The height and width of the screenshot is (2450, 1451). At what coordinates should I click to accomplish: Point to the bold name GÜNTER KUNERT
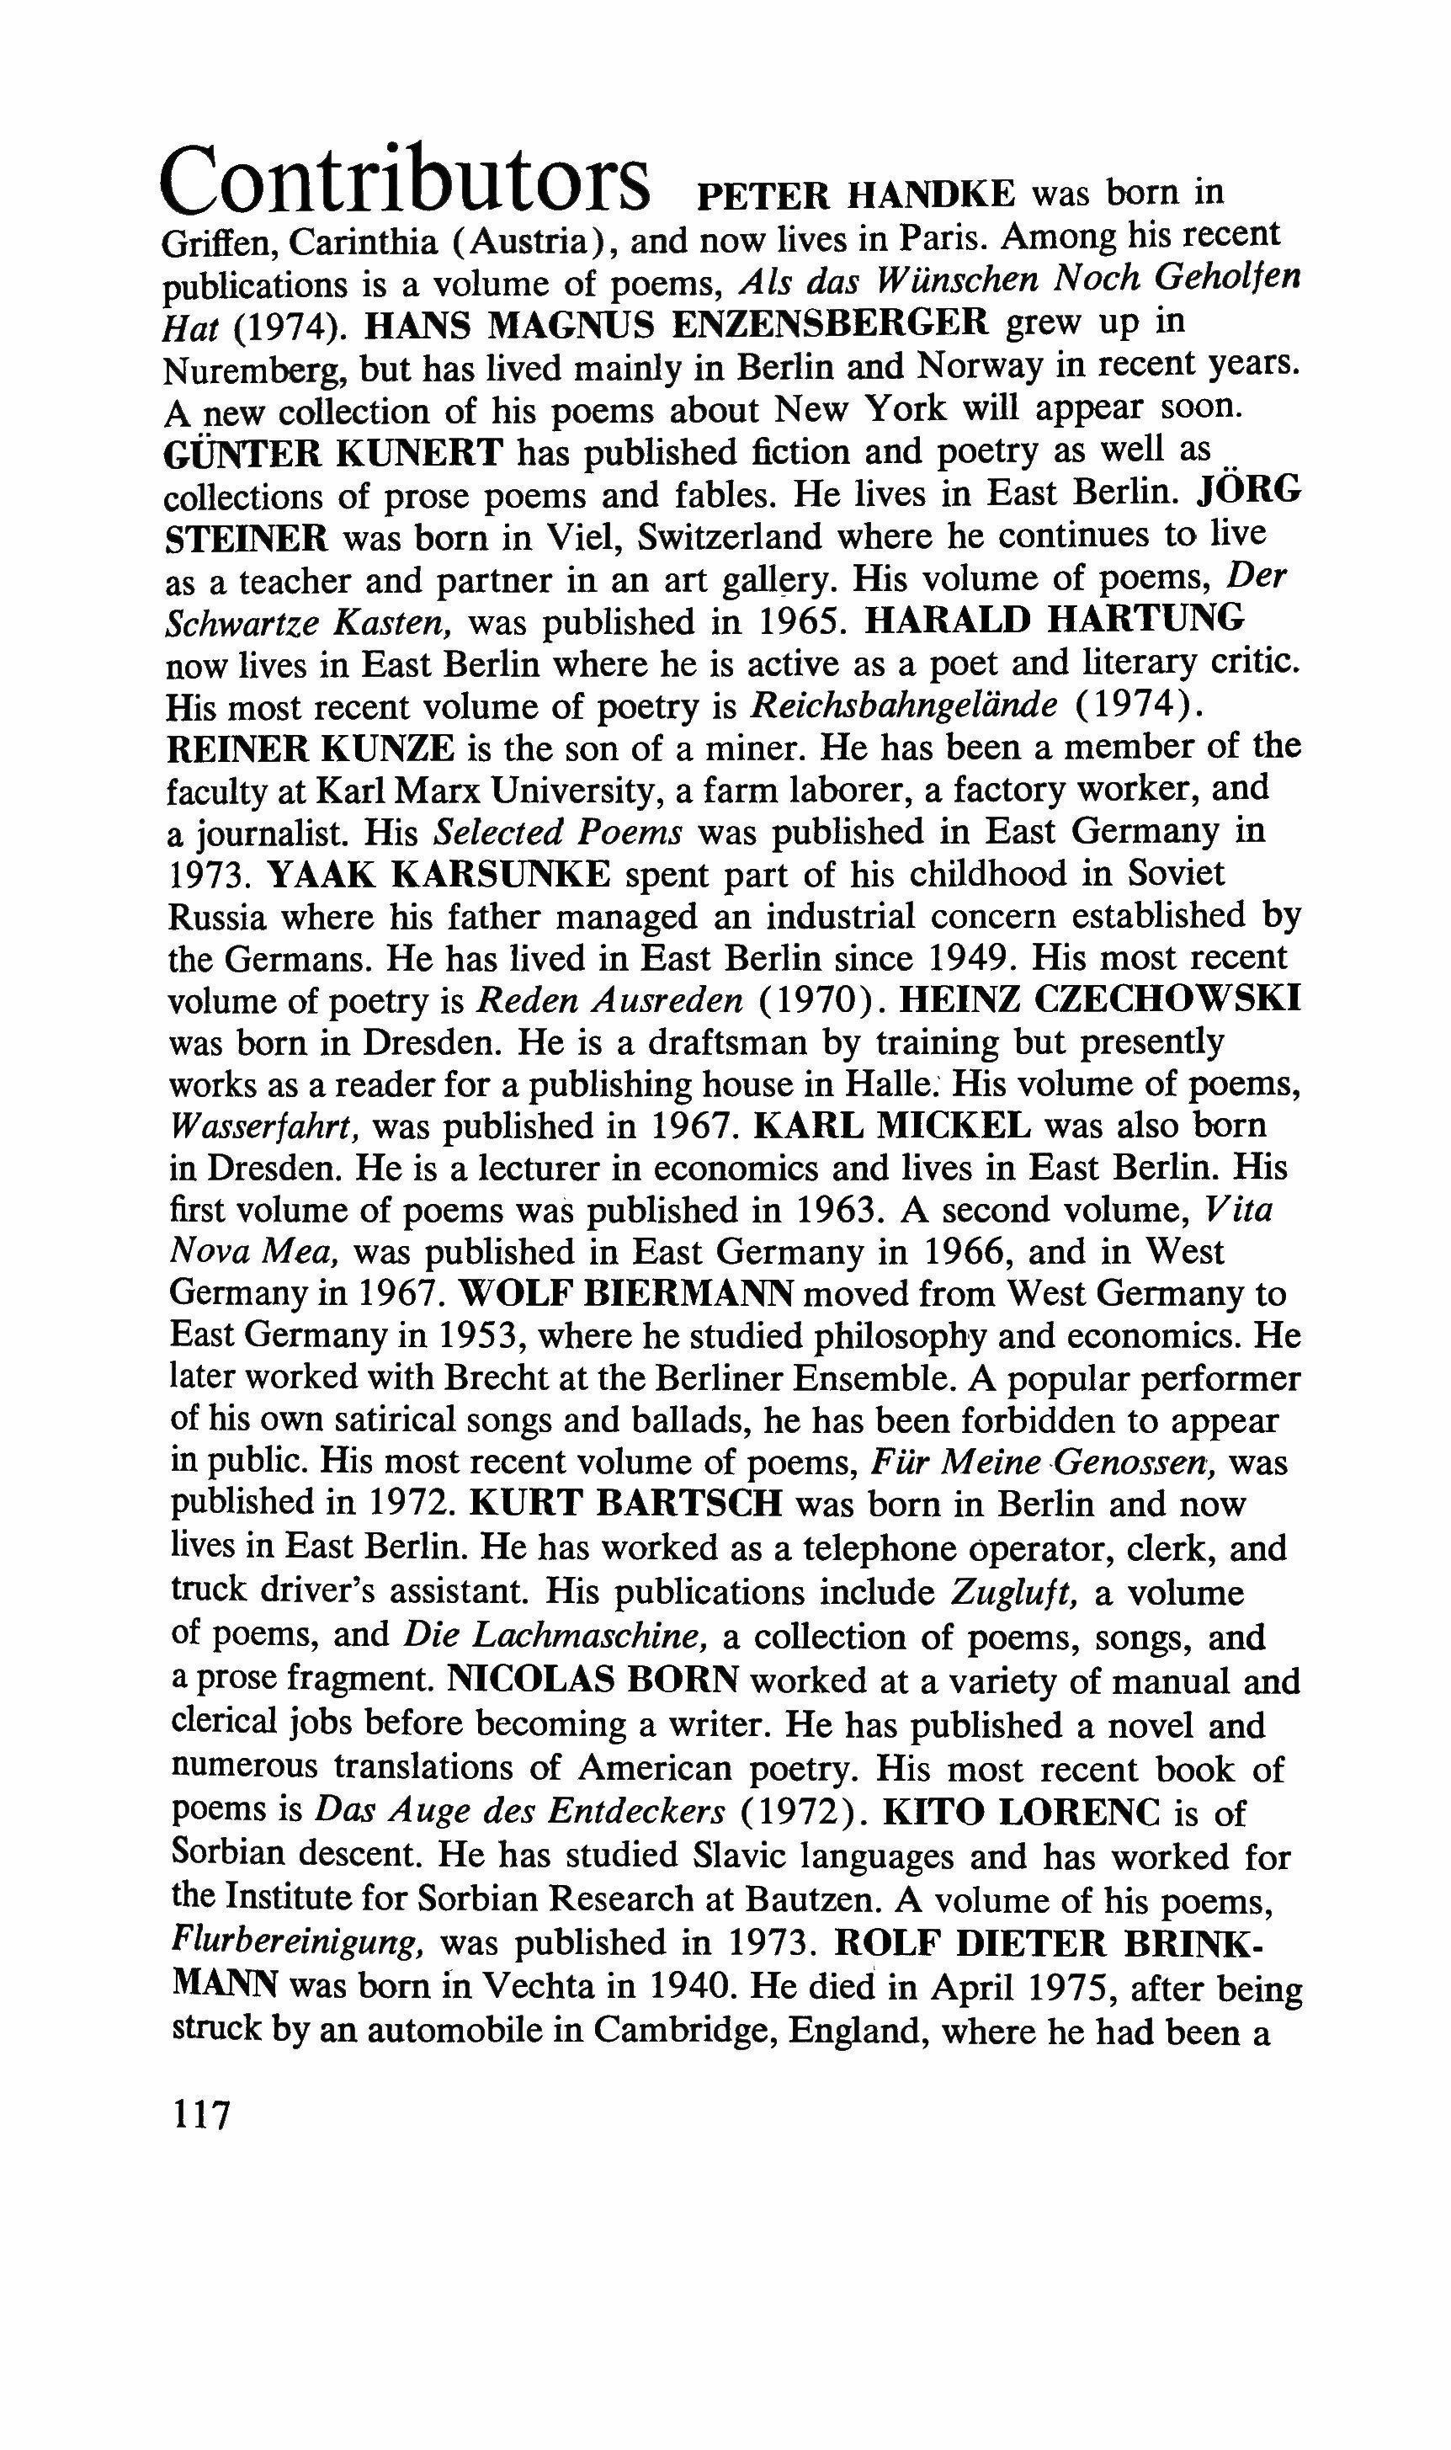334,454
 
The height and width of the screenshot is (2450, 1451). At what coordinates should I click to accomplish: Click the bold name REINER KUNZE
311,748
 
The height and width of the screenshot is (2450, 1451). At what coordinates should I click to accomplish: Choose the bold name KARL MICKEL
894,1126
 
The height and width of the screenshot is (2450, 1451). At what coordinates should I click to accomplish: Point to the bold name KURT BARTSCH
627,1503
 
